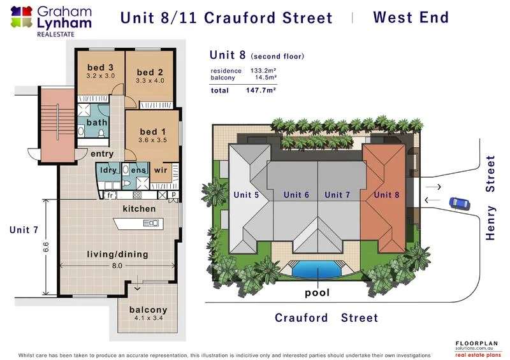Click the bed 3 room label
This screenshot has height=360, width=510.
(x=101, y=68)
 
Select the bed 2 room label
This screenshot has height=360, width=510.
(x=150, y=72)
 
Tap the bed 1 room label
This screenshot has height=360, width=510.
(x=152, y=132)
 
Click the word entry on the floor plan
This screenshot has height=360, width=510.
(x=102, y=154)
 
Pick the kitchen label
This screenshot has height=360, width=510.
(x=138, y=209)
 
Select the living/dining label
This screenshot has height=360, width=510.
(x=117, y=254)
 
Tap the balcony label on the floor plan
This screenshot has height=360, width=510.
(x=148, y=310)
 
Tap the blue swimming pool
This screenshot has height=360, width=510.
(x=316, y=270)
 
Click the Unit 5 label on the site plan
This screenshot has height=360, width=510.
(x=246, y=195)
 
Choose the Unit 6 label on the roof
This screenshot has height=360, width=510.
(x=296, y=195)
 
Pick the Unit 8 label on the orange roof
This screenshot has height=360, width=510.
(x=387, y=195)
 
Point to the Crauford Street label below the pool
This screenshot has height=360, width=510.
(x=326, y=317)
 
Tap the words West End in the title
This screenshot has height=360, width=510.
(x=411, y=17)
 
